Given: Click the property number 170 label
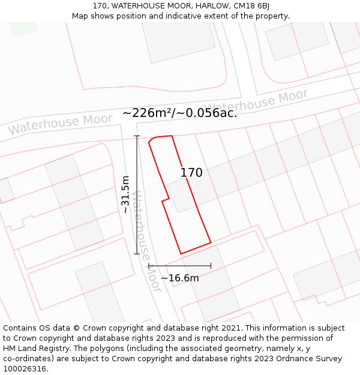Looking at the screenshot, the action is (x=191, y=173).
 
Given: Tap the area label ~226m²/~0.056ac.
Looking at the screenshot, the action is (x=179, y=113).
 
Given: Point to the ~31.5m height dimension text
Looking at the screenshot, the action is (x=125, y=194).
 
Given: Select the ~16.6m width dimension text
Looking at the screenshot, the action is (x=179, y=278).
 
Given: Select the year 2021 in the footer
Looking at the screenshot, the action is (x=230, y=328).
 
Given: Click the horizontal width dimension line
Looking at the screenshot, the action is (x=179, y=265).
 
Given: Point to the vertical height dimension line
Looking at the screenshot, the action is (x=137, y=194).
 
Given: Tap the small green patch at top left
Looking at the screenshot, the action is (x=23, y=28).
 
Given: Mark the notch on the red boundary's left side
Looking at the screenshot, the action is (x=165, y=200).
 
